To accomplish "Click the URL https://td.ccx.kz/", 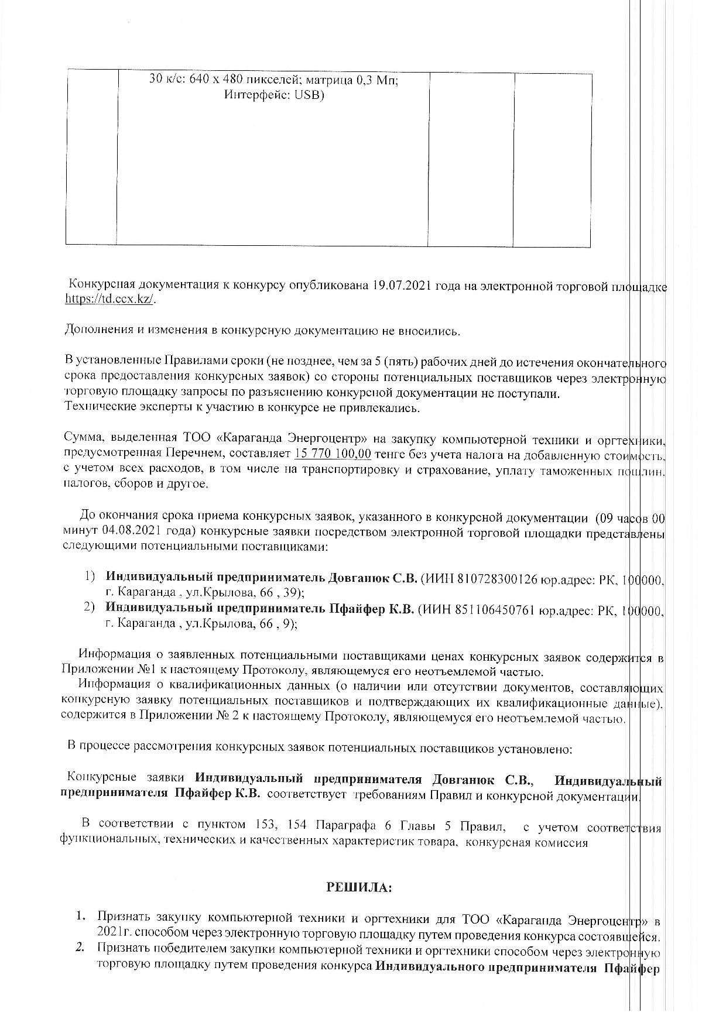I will click(111, 298).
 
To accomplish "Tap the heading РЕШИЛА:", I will click(359, 888).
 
